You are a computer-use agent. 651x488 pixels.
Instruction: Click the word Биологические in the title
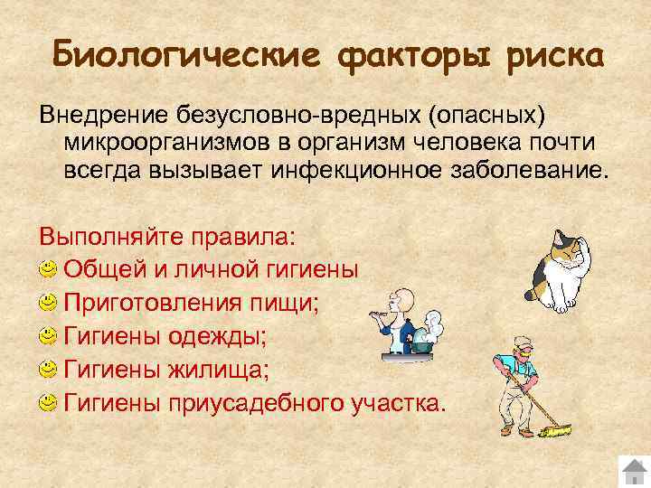pyautogui.click(x=185, y=54)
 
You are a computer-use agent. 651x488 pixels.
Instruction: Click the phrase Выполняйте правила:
pyautogui.click(x=166, y=237)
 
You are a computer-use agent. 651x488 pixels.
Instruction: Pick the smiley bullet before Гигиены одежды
pyautogui.click(x=48, y=337)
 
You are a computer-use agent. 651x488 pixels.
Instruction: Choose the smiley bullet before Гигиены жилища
pyautogui.click(x=48, y=370)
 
